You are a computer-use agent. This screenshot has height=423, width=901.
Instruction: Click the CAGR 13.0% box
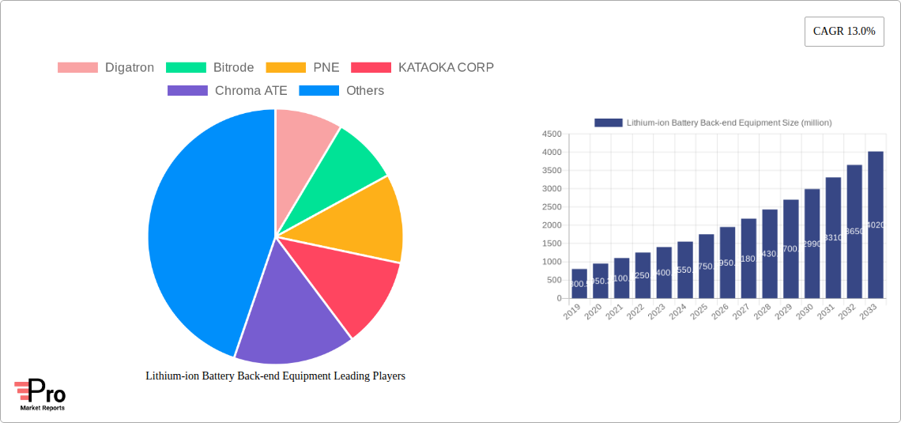click(844, 32)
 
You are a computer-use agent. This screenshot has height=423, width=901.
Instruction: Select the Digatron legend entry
click(106, 68)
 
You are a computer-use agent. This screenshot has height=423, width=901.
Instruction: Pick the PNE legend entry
click(303, 68)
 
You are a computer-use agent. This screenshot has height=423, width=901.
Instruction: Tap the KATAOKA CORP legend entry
click(422, 68)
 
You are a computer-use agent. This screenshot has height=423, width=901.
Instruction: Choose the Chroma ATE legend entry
click(228, 91)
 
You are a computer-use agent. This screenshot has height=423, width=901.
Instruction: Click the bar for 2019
click(579, 284)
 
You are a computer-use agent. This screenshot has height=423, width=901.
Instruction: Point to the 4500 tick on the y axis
click(551, 134)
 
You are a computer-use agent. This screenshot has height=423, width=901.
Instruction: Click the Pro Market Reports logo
click(40, 395)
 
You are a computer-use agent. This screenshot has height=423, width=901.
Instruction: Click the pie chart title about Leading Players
click(275, 376)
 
